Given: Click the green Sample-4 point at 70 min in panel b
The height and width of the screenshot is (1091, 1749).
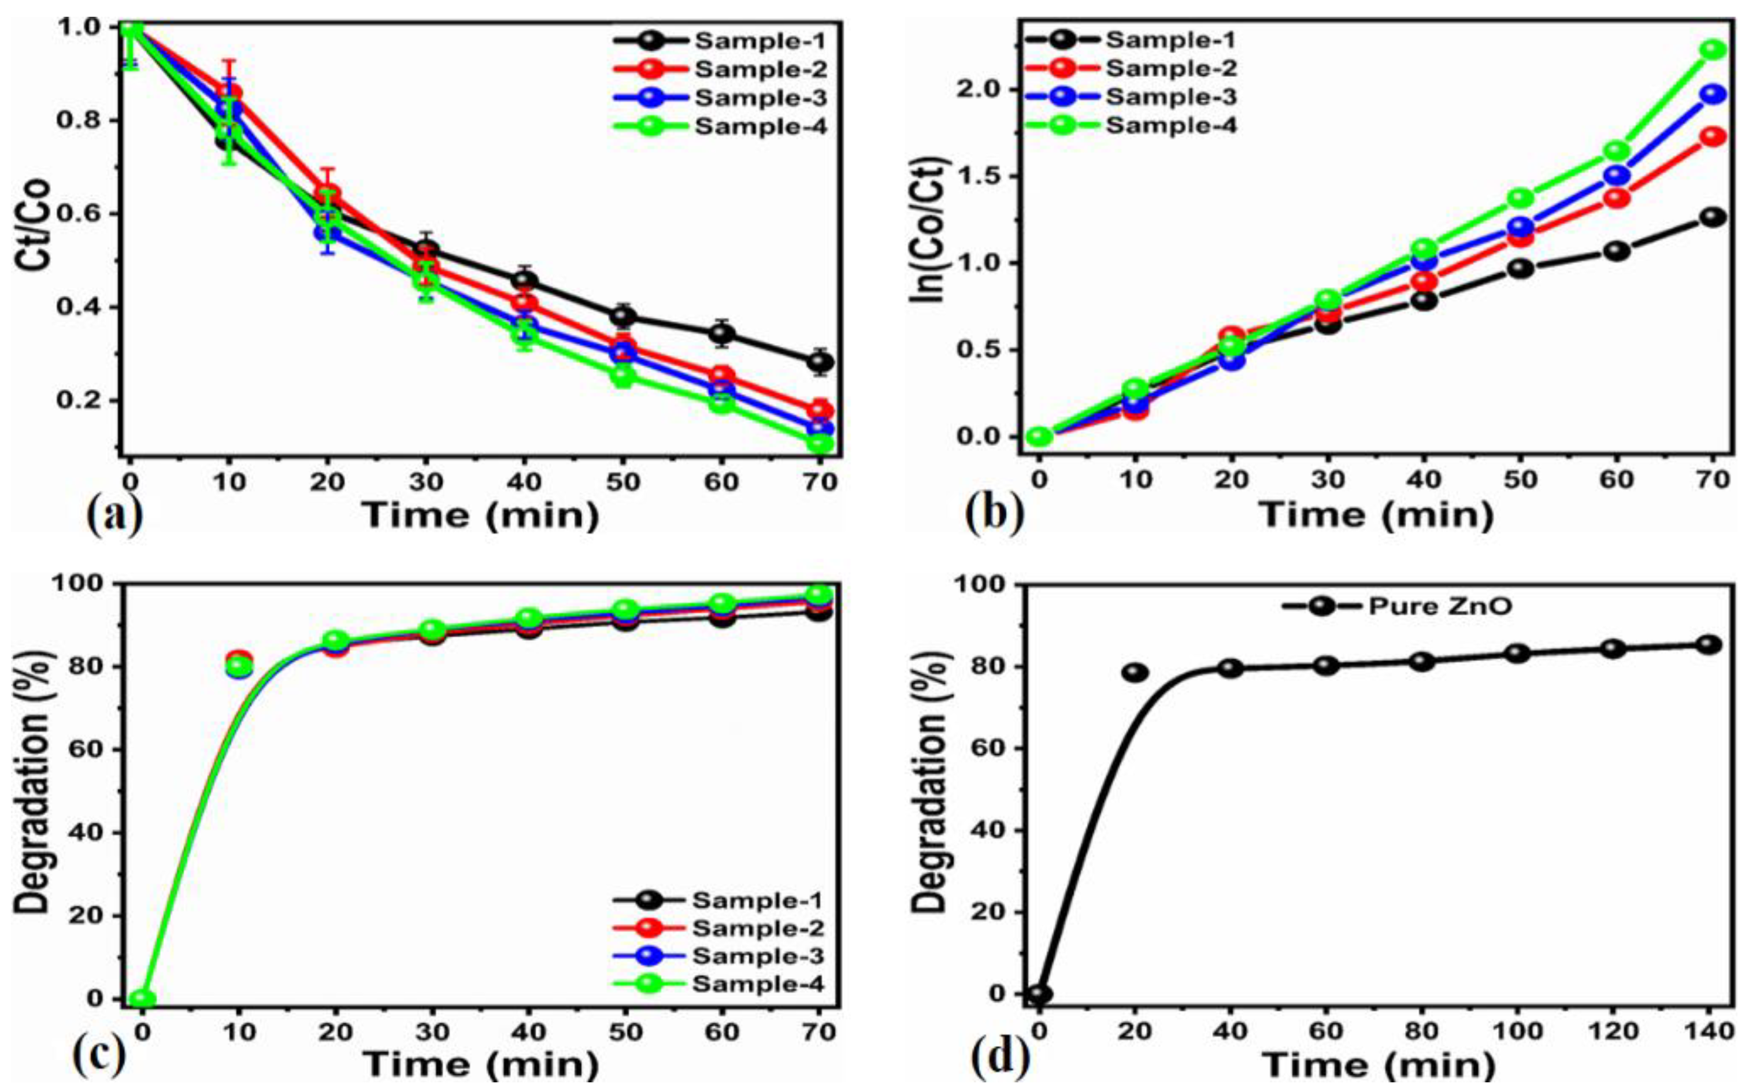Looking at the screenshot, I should pos(1712,50).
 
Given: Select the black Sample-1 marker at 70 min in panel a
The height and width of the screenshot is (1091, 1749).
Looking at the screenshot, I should pos(820,362).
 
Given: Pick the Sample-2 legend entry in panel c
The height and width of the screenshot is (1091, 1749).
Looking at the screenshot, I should pos(758,928).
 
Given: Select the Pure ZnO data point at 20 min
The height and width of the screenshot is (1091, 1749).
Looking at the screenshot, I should pos(1135,673).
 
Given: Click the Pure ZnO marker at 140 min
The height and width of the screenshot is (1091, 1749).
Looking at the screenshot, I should pos(1708,644).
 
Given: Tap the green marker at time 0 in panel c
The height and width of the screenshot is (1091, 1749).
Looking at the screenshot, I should pos(142,999).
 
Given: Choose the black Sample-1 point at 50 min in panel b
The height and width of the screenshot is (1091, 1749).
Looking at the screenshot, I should pos(1520,269).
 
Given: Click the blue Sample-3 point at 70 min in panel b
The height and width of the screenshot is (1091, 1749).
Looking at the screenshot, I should pos(1712,94).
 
